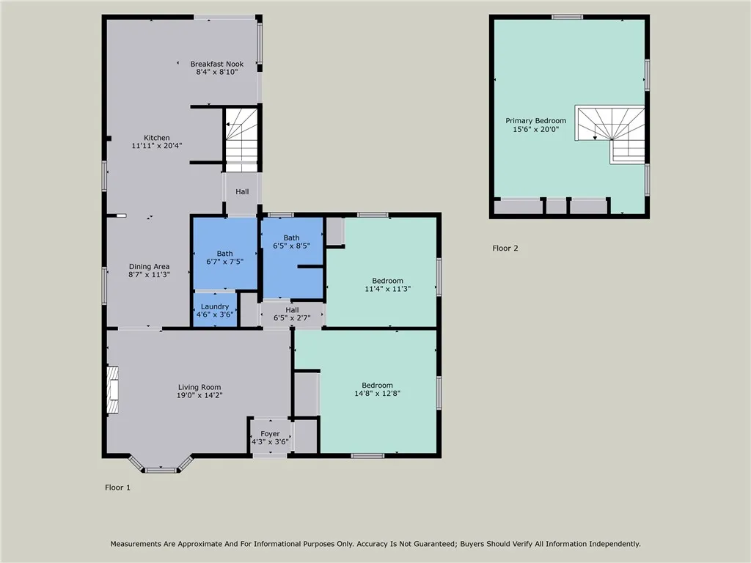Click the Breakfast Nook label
point(216,64)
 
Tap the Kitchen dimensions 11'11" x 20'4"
point(156,146)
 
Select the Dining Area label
point(150,266)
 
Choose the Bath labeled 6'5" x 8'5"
point(291,242)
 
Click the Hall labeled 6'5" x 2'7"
point(292,314)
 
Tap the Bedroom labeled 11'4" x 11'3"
point(387,284)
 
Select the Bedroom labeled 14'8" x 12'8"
point(377,389)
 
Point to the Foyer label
point(270,434)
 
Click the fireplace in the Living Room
point(112,391)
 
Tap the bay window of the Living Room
point(160,468)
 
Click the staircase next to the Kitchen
point(241,133)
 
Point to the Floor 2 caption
point(505,248)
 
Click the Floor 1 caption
point(117,487)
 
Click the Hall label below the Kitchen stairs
point(242,191)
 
